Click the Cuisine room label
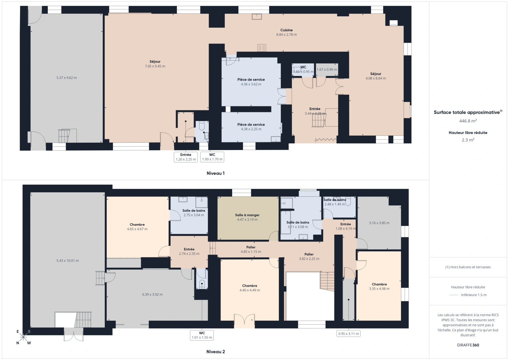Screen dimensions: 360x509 pyautogui.click(x=286, y=30)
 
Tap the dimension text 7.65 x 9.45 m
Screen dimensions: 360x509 pyautogui.click(x=155, y=66)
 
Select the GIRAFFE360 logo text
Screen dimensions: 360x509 pyautogui.click(x=468, y=345)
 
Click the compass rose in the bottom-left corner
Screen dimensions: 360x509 pyautogui.click(x=23, y=337)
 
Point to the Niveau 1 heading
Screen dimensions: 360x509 pyautogui.click(x=215, y=173)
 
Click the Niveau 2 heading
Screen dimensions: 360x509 pyautogui.click(x=215, y=352)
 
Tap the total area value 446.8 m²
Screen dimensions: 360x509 pyautogui.click(x=468, y=121)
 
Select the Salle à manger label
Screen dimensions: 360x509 pyautogui.click(x=247, y=215)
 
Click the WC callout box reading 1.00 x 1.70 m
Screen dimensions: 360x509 pyautogui.click(x=212, y=157)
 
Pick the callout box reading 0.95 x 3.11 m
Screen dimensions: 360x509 pyautogui.click(x=348, y=333)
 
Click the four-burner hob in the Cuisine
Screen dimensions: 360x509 pyautogui.click(x=262, y=48)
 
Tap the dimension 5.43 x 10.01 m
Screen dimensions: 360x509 pyautogui.click(x=68, y=261)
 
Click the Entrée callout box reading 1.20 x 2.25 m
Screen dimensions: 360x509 pyautogui.click(x=186, y=157)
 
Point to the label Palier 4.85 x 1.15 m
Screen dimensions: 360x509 pyautogui.click(x=251, y=249)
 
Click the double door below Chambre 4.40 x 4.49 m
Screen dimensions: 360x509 pyautogui.click(x=244, y=320)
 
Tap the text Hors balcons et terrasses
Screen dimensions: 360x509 pyautogui.click(x=468, y=267)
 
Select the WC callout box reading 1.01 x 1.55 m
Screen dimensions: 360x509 pyautogui.click(x=202, y=335)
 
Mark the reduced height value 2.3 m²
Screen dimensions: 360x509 pyautogui.click(x=468, y=140)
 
